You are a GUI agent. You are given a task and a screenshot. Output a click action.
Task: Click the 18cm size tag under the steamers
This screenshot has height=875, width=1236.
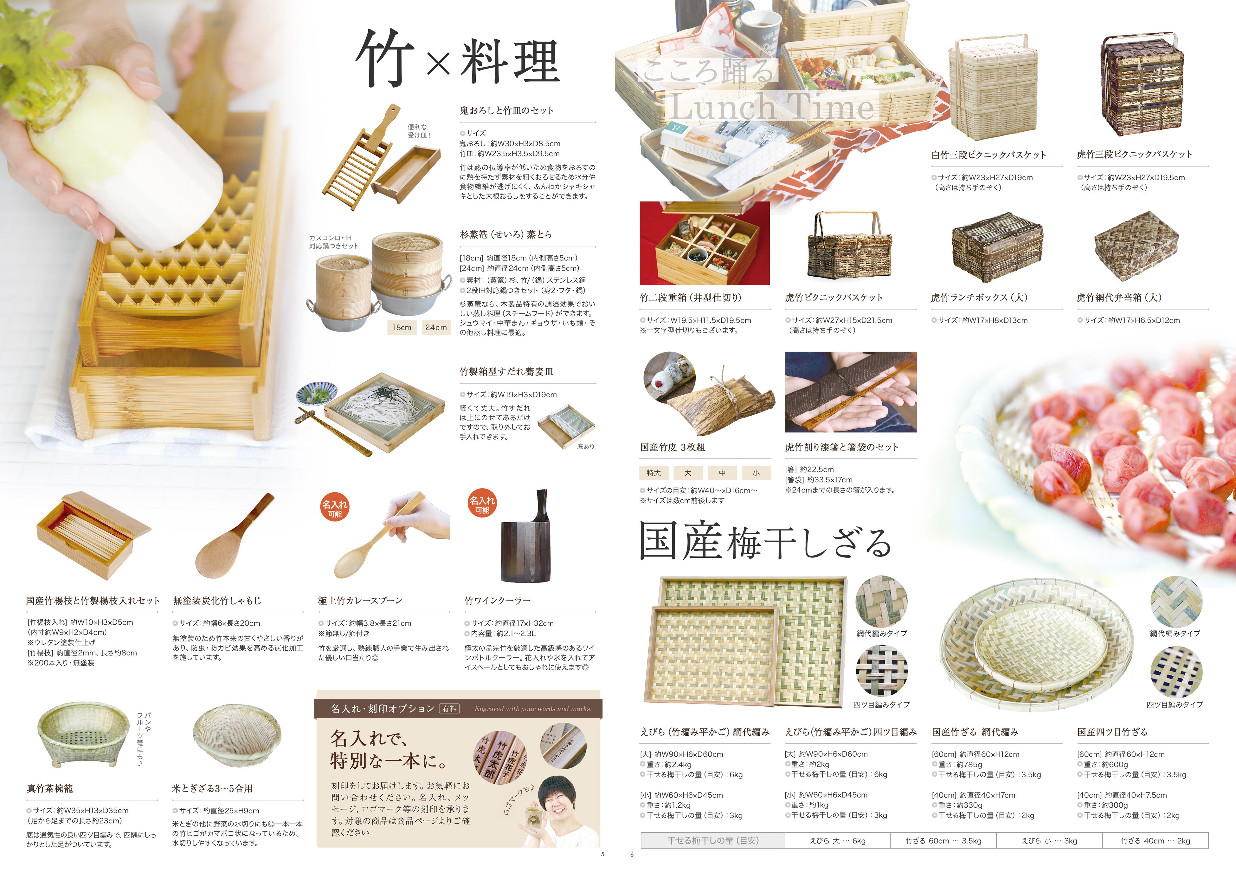click(402, 327)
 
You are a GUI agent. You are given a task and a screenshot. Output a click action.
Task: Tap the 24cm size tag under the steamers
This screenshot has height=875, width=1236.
click(435, 327)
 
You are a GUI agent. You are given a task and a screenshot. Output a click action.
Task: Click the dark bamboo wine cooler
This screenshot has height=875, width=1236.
click(526, 539)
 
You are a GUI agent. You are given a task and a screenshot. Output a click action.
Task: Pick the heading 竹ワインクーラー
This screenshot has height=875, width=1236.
click(498, 600)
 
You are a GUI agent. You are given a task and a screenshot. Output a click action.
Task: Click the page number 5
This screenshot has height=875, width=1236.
click(603, 854)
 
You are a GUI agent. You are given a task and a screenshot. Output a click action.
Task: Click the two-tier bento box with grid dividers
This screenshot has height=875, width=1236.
click(705, 244)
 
